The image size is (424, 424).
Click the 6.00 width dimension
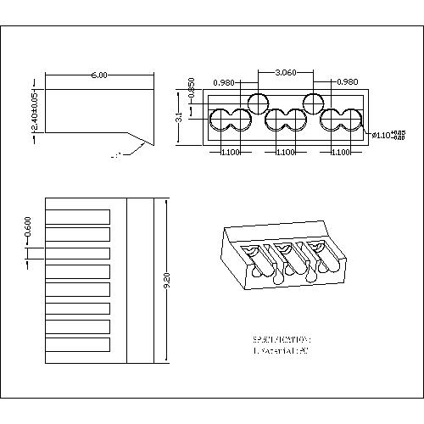click(99, 75)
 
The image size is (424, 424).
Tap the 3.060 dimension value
click(285, 73)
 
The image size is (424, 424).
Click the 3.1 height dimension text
click(179, 119)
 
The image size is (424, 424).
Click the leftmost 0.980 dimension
click(225, 82)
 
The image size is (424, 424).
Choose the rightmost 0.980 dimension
click(347, 82)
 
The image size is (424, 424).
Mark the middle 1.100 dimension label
click(285, 153)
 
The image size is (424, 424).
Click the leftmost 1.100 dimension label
click(229, 153)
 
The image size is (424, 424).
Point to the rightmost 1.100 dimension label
click(341, 153)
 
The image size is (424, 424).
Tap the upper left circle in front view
click(257, 104)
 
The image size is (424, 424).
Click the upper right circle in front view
click(313, 104)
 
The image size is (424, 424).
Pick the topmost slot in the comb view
click(77, 215)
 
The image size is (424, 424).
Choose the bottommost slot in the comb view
click(77, 345)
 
